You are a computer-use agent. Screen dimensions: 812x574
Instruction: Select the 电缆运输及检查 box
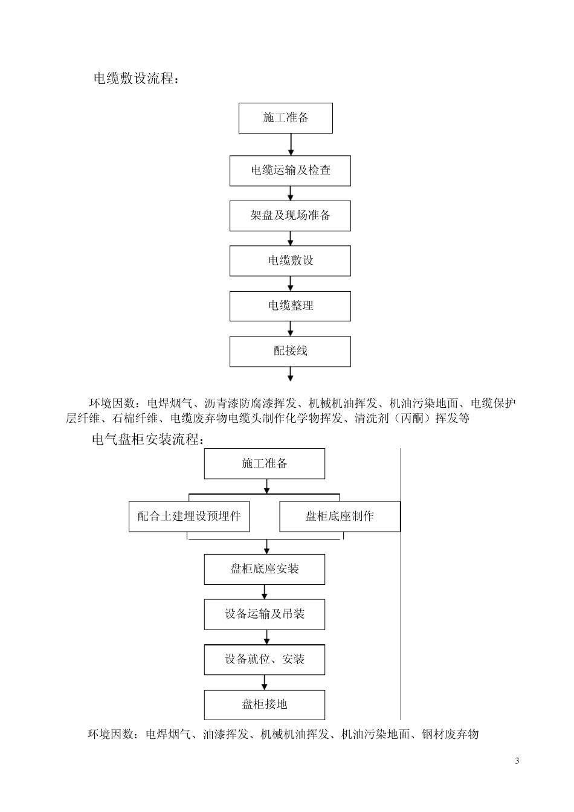(290, 170)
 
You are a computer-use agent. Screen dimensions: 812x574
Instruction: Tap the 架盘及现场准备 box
(290, 216)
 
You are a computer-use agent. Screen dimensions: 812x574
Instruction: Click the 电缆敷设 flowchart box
(290, 261)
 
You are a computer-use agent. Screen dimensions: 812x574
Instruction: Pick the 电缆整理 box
(290, 306)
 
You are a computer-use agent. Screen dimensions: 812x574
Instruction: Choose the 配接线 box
(290, 351)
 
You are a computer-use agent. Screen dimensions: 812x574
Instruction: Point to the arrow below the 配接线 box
(291, 374)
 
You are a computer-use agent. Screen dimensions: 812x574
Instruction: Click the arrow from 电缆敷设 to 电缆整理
(291, 283)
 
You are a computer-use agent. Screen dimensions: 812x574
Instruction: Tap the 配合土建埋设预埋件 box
(189, 517)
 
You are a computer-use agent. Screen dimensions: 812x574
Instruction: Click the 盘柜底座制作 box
(340, 517)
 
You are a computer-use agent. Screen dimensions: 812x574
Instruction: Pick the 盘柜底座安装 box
(265, 569)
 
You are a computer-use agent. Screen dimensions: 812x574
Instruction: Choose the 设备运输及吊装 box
(265, 614)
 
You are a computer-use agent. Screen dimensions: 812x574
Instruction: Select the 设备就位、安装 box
(265, 659)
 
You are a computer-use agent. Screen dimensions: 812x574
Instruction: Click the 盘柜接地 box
(265, 704)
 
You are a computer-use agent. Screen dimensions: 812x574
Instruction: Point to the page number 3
(517, 761)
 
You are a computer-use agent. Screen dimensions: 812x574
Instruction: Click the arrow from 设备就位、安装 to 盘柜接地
(265, 682)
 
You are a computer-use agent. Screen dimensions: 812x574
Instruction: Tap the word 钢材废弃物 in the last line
(450, 735)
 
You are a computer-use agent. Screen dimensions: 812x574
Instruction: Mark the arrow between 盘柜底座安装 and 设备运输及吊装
(265, 591)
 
